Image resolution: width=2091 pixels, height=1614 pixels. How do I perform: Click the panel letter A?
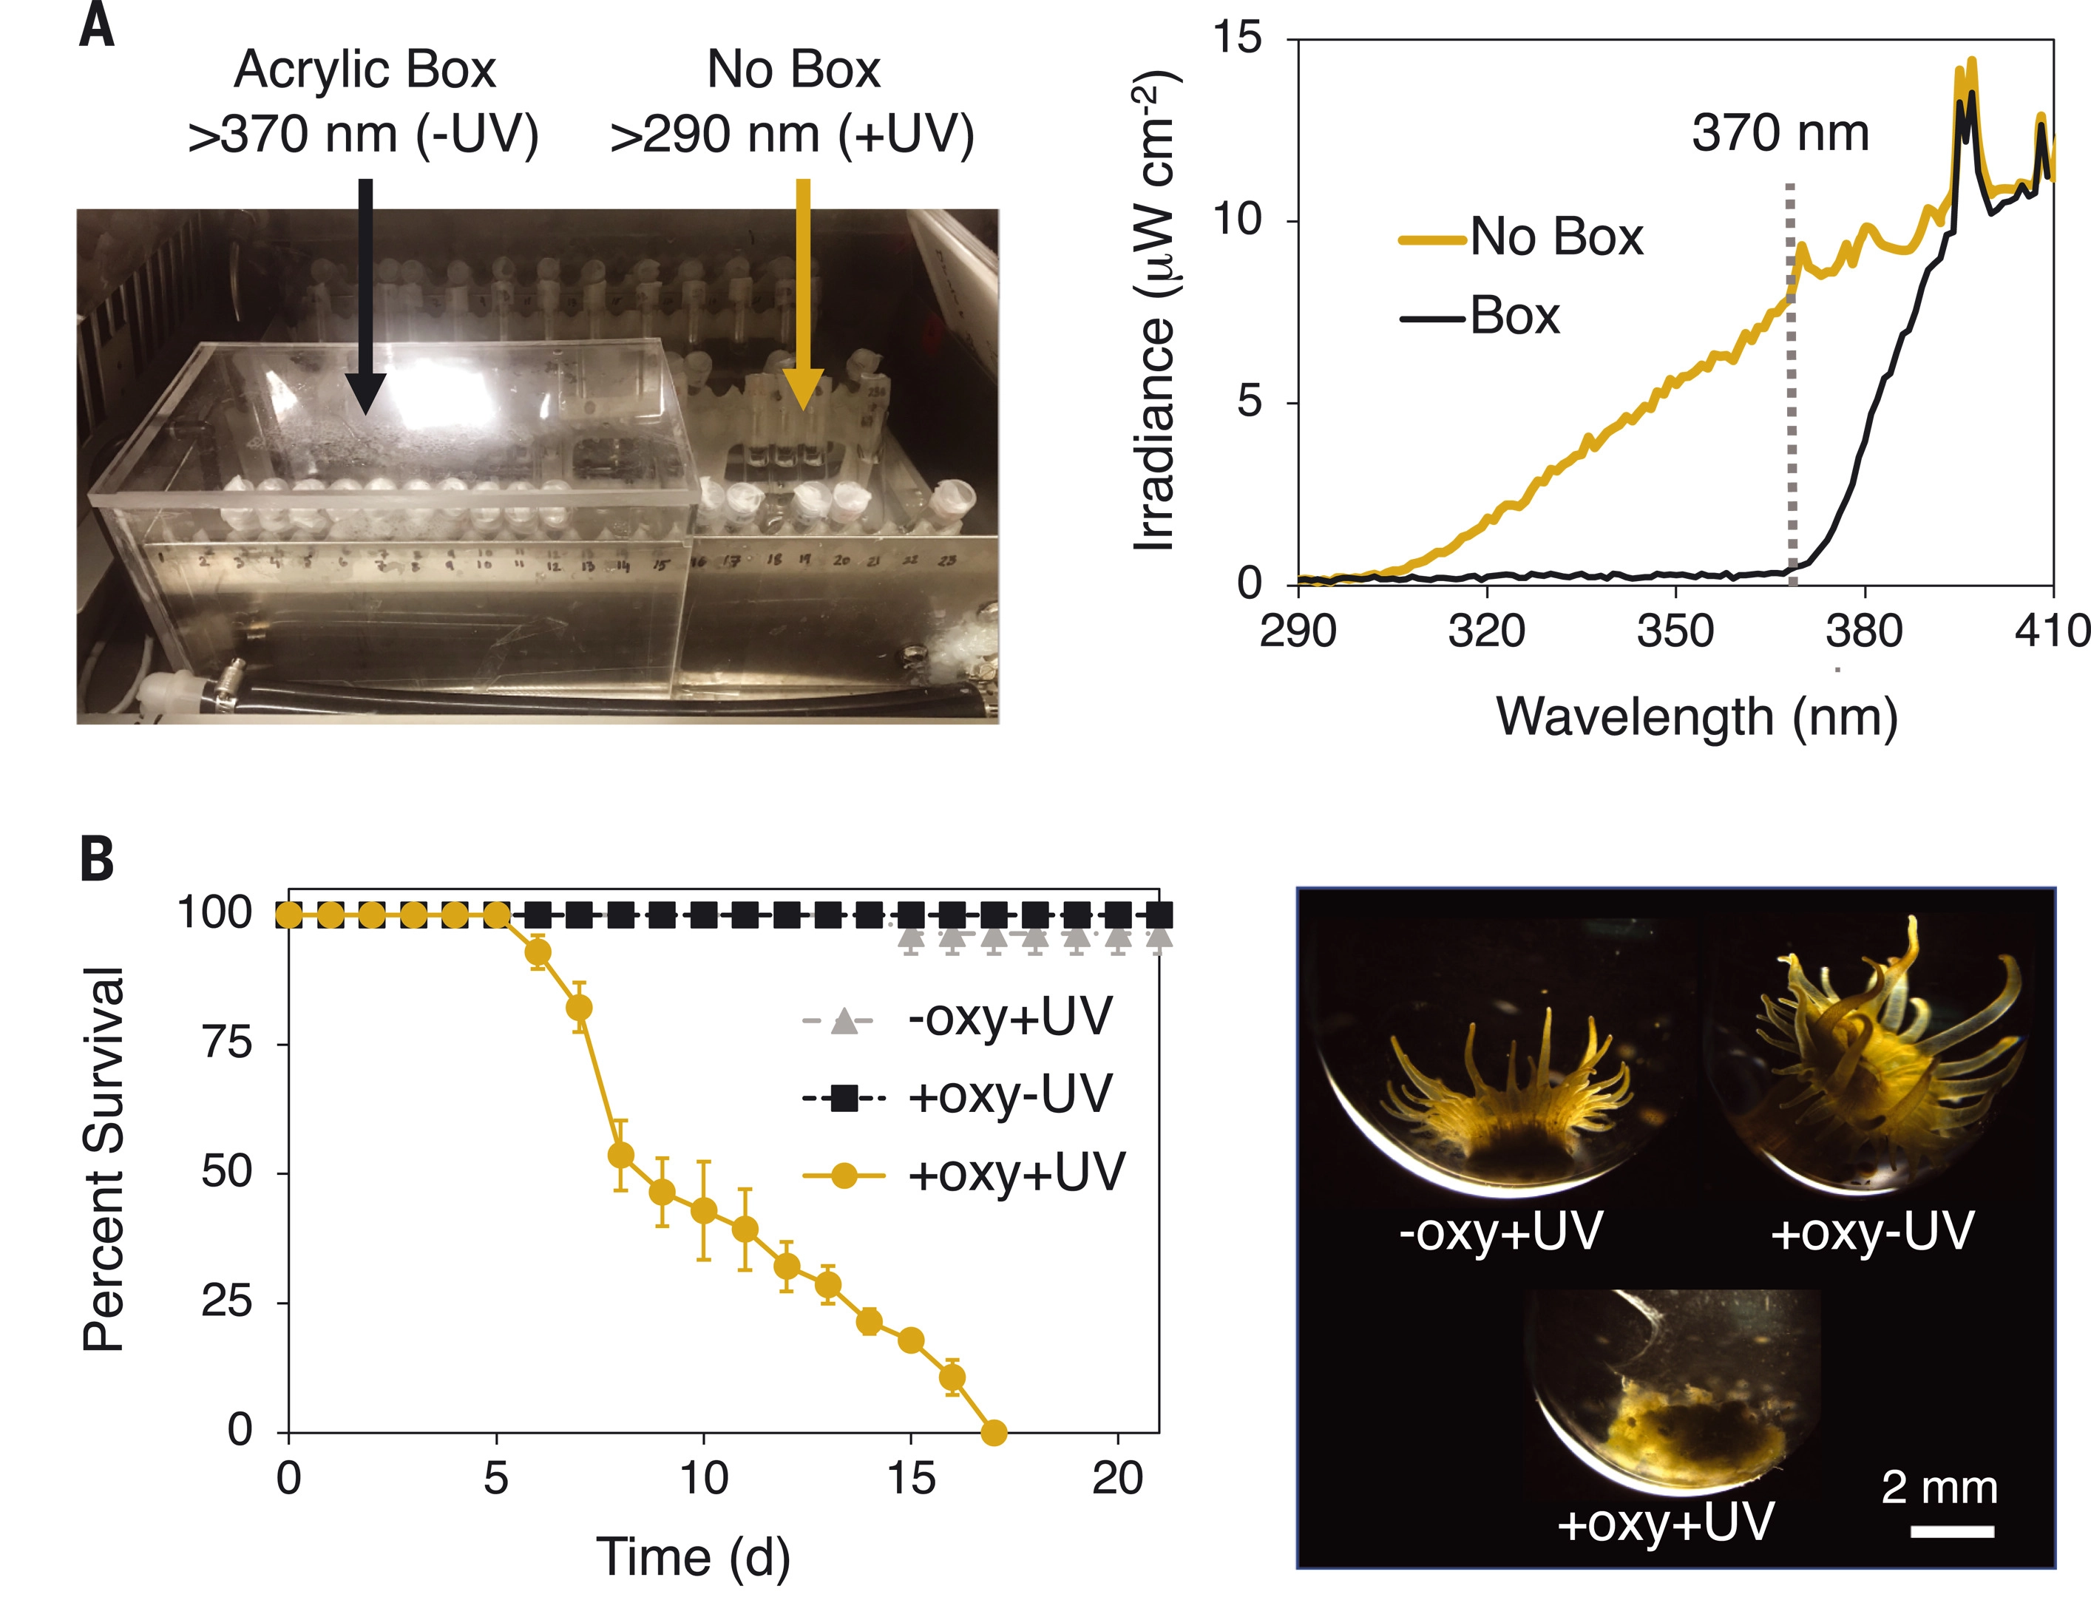click(97, 27)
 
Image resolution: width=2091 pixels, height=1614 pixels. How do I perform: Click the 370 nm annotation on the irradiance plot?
click(1780, 133)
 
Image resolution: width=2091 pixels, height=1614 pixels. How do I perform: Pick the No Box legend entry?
click(1522, 237)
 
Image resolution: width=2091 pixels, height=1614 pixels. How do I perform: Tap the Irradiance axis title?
click(1156, 311)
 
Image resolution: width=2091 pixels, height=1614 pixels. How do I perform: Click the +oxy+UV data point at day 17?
click(994, 1433)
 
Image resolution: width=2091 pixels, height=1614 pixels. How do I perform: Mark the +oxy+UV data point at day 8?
click(620, 1156)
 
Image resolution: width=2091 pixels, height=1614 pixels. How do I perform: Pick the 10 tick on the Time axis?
click(704, 1479)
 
